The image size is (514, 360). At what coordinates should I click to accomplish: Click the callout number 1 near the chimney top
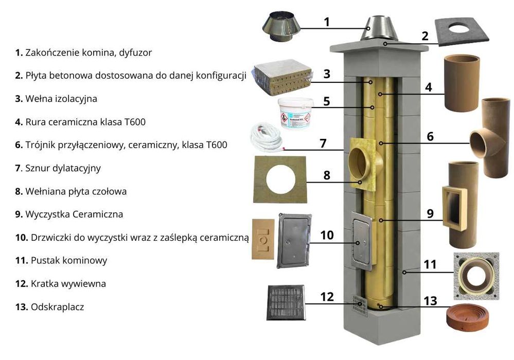327,22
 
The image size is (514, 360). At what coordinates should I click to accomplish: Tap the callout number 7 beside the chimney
323,142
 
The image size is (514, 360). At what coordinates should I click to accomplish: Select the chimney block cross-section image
476,276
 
